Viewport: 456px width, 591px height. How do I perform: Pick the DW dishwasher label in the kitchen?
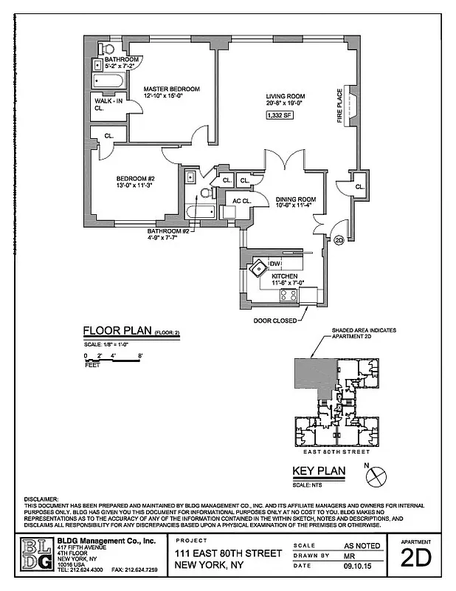point(274,264)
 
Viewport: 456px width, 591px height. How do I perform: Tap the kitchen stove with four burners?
point(289,295)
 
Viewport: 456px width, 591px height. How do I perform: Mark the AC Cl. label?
point(242,200)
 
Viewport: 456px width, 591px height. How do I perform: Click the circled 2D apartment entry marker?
point(339,239)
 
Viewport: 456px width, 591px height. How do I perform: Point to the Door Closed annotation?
point(274,320)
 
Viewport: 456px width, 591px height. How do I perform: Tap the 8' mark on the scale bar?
point(140,356)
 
